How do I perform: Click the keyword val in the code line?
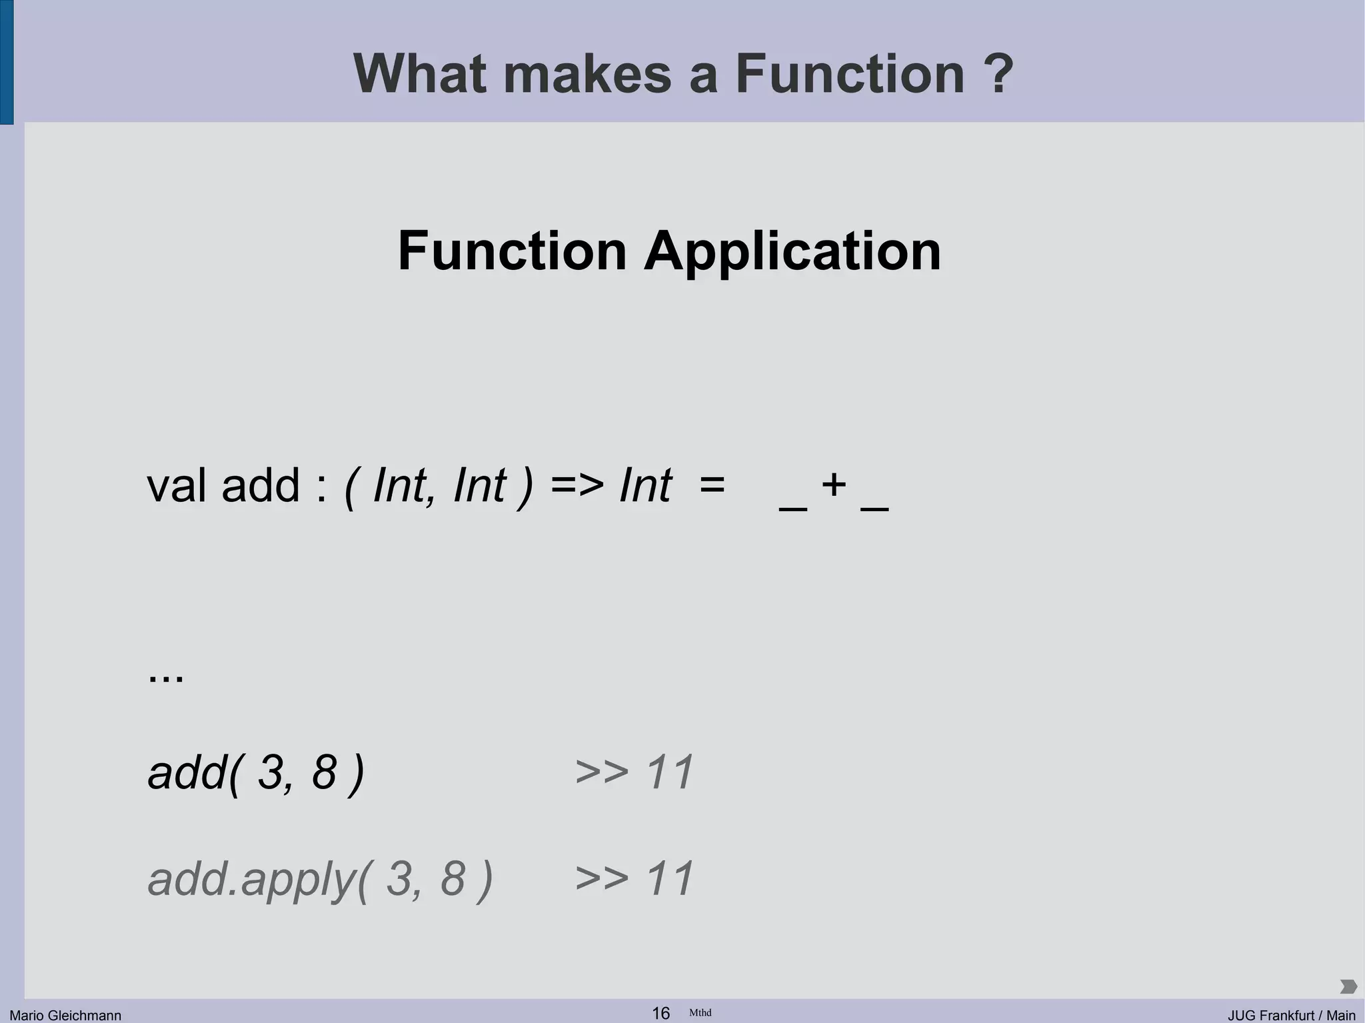click(177, 485)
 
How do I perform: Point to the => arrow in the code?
click(577, 485)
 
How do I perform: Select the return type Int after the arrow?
click(645, 485)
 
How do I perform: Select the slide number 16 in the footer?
click(661, 1013)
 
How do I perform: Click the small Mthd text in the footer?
click(700, 1012)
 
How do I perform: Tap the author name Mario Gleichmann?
click(65, 1015)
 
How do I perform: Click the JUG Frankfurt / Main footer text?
click(1291, 1015)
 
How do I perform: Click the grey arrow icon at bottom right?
click(1348, 986)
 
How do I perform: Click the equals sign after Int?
click(712, 485)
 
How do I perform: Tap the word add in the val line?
click(261, 485)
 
